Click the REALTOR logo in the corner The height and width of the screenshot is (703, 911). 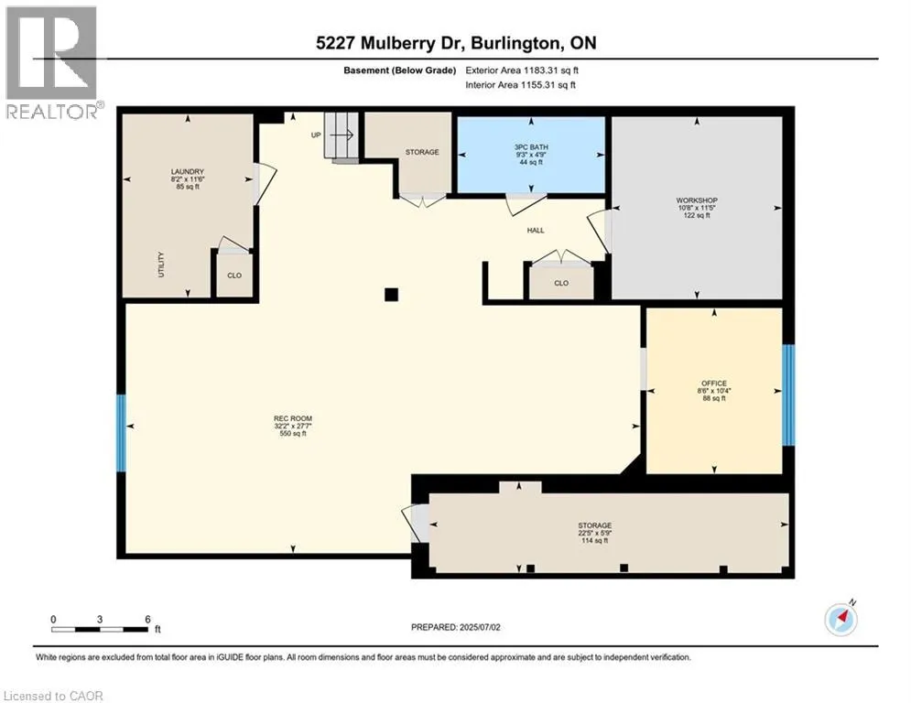51,62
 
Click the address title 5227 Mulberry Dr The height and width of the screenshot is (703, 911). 455,43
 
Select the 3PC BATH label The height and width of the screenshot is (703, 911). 530,145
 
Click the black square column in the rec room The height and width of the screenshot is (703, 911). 391,294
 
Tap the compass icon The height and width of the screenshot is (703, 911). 841,619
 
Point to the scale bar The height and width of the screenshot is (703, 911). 100,628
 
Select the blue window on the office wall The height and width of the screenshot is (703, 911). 788,394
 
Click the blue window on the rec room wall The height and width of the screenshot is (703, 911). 121,433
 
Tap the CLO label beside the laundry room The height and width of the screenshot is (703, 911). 234,275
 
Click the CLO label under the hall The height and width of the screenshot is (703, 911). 561,283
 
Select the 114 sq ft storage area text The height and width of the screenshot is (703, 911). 595,541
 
